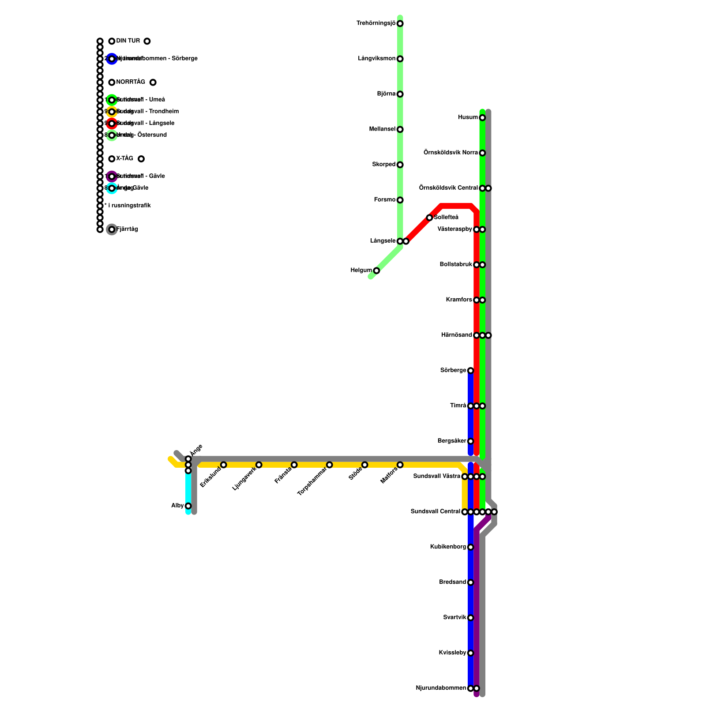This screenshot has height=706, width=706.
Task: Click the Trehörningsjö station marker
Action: point(400,23)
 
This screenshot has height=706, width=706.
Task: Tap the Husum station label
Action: point(468,117)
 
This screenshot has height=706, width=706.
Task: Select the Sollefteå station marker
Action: point(429,218)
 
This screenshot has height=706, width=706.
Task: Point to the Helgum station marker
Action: point(376,270)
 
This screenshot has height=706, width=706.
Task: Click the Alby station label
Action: point(177,506)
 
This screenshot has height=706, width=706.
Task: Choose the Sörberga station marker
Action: point(470,371)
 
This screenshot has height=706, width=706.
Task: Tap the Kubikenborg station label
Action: point(448,547)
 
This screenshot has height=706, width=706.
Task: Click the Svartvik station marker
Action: point(470,618)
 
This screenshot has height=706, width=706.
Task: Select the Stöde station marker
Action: point(364,465)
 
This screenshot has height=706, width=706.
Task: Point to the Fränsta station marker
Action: point(294,465)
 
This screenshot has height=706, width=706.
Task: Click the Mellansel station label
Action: point(382,129)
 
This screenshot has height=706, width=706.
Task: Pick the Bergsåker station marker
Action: point(470,441)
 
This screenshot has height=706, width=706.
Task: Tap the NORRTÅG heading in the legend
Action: point(130,82)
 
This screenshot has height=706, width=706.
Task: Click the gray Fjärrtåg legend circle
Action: point(112,229)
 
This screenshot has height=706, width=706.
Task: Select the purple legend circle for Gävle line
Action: point(112,176)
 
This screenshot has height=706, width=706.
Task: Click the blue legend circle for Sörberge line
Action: point(112,59)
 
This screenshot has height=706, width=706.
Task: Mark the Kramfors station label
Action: point(459,300)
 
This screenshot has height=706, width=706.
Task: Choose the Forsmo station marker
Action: point(400,200)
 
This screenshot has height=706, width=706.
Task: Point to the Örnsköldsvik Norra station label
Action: point(451,153)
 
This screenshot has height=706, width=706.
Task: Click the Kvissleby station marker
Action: point(470,653)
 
